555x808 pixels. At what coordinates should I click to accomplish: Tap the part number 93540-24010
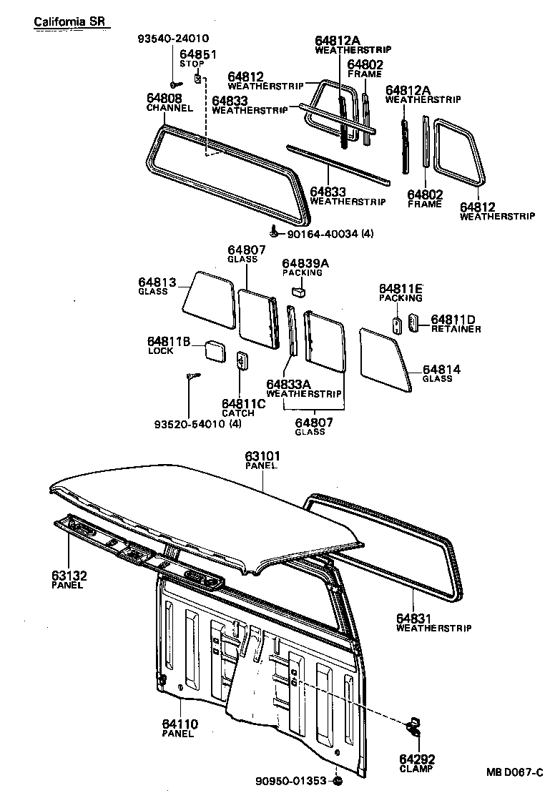(x=174, y=39)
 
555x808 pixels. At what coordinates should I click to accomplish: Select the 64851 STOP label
(x=197, y=58)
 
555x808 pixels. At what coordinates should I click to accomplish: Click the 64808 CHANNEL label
(x=169, y=102)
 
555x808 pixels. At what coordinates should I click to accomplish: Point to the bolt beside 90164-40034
(x=275, y=232)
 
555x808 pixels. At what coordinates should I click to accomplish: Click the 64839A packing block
(x=300, y=290)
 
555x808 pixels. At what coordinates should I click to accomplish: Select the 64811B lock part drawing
(x=213, y=350)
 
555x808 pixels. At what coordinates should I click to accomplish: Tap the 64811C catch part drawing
(x=242, y=362)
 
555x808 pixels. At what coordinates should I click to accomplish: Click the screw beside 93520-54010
(x=192, y=377)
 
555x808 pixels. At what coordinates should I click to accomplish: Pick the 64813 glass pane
(x=208, y=298)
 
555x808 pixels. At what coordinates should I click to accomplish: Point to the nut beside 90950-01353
(x=338, y=780)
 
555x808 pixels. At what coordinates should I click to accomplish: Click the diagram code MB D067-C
(x=515, y=772)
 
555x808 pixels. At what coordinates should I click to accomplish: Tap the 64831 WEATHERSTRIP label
(x=433, y=623)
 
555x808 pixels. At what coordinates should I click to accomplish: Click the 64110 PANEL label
(x=180, y=729)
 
